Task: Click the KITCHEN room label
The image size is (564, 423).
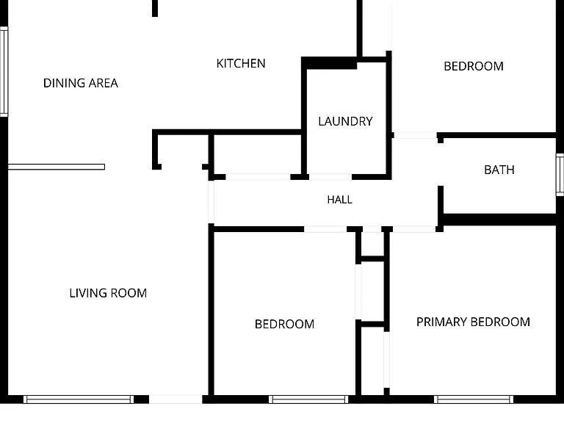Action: pos(241,64)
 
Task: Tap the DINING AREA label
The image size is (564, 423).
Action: pos(81,83)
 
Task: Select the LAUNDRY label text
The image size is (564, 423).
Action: pos(345,121)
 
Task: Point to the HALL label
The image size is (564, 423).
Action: pos(339,200)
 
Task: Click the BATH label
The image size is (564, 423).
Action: pos(499,170)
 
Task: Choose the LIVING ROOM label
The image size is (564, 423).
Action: pos(108,293)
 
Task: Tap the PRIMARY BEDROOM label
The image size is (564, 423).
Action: pos(473,322)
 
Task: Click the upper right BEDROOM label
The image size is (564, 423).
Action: pos(474,66)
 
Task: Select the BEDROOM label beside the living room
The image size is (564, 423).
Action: pos(284,324)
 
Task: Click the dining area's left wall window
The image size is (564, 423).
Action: pos(4,71)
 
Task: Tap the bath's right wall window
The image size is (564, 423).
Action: pos(560,175)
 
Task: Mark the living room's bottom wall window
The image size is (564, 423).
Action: pos(79,399)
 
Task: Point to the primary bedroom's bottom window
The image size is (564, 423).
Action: pos(474,399)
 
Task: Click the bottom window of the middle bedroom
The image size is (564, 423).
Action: pos(308,399)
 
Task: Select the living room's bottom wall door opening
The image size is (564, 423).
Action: pos(176,399)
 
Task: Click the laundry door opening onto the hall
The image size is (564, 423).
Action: pos(330,176)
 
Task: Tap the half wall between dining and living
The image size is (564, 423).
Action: pos(57,167)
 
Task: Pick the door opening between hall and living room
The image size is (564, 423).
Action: pos(211,202)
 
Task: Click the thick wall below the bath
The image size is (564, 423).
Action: pos(499,220)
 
